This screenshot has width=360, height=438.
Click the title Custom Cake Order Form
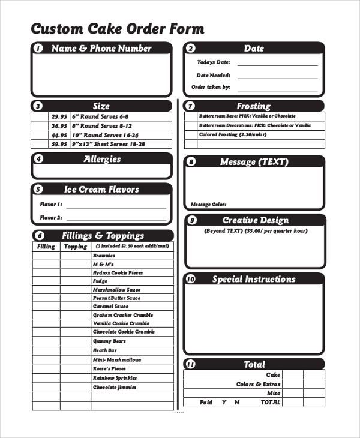pyautogui.click(x=118, y=29)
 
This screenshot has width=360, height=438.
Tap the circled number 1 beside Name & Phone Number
pyautogui.click(x=38, y=49)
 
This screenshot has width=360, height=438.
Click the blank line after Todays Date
pyautogui.click(x=277, y=64)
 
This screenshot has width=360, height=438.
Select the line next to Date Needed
pyautogui.click(x=277, y=76)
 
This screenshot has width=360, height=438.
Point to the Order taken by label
pyautogui.click(x=211, y=87)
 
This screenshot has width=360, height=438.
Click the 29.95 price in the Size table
pyautogui.click(x=59, y=116)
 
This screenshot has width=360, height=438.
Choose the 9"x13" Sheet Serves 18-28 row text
pyautogui.click(x=108, y=144)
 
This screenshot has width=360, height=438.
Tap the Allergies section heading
pyautogui.click(x=102, y=159)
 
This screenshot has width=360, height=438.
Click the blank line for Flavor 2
pyautogui.click(x=116, y=218)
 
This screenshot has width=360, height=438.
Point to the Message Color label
pyautogui.click(x=208, y=205)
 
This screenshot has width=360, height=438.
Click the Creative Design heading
pyautogui.click(x=256, y=220)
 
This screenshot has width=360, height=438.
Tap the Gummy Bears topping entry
pyautogui.click(x=106, y=340)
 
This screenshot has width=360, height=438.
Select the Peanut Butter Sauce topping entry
pyautogui.click(x=116, y=298)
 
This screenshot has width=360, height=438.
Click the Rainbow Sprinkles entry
pyautogui.click(x=115, y=378)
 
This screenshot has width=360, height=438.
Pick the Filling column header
pyautogui.click(x=46, y=247)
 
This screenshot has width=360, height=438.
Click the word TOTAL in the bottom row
pyautogui.click(x=270, y=403)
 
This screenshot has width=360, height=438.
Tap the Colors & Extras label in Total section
pyautogui.click(x=258, y=384)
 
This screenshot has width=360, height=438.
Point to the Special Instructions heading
pyautogui.click(x=254, y=279)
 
